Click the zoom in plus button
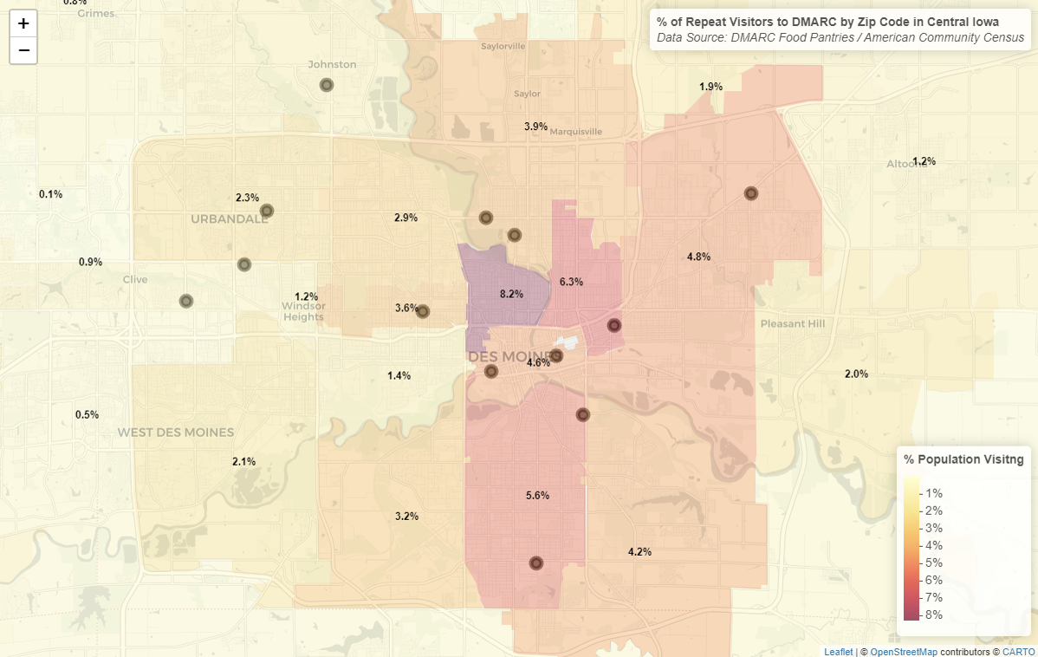(23, 23)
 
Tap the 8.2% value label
(511, 295)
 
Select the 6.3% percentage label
(571, 282)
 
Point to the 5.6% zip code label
(537, 496)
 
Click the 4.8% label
(698, 257)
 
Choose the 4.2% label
(639, 552)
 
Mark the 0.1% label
(50, 194)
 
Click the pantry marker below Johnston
(327, 85)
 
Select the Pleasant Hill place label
(792, 324)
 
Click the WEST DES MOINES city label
(176, 433)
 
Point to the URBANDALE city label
(230, 219)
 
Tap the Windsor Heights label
(303, 311)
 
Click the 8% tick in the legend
(933, 615)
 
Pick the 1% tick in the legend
(933, 493)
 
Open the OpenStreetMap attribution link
(903, 651)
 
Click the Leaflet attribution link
(838, 651)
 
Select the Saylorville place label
(503, 46)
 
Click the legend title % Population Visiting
(963, 459)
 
